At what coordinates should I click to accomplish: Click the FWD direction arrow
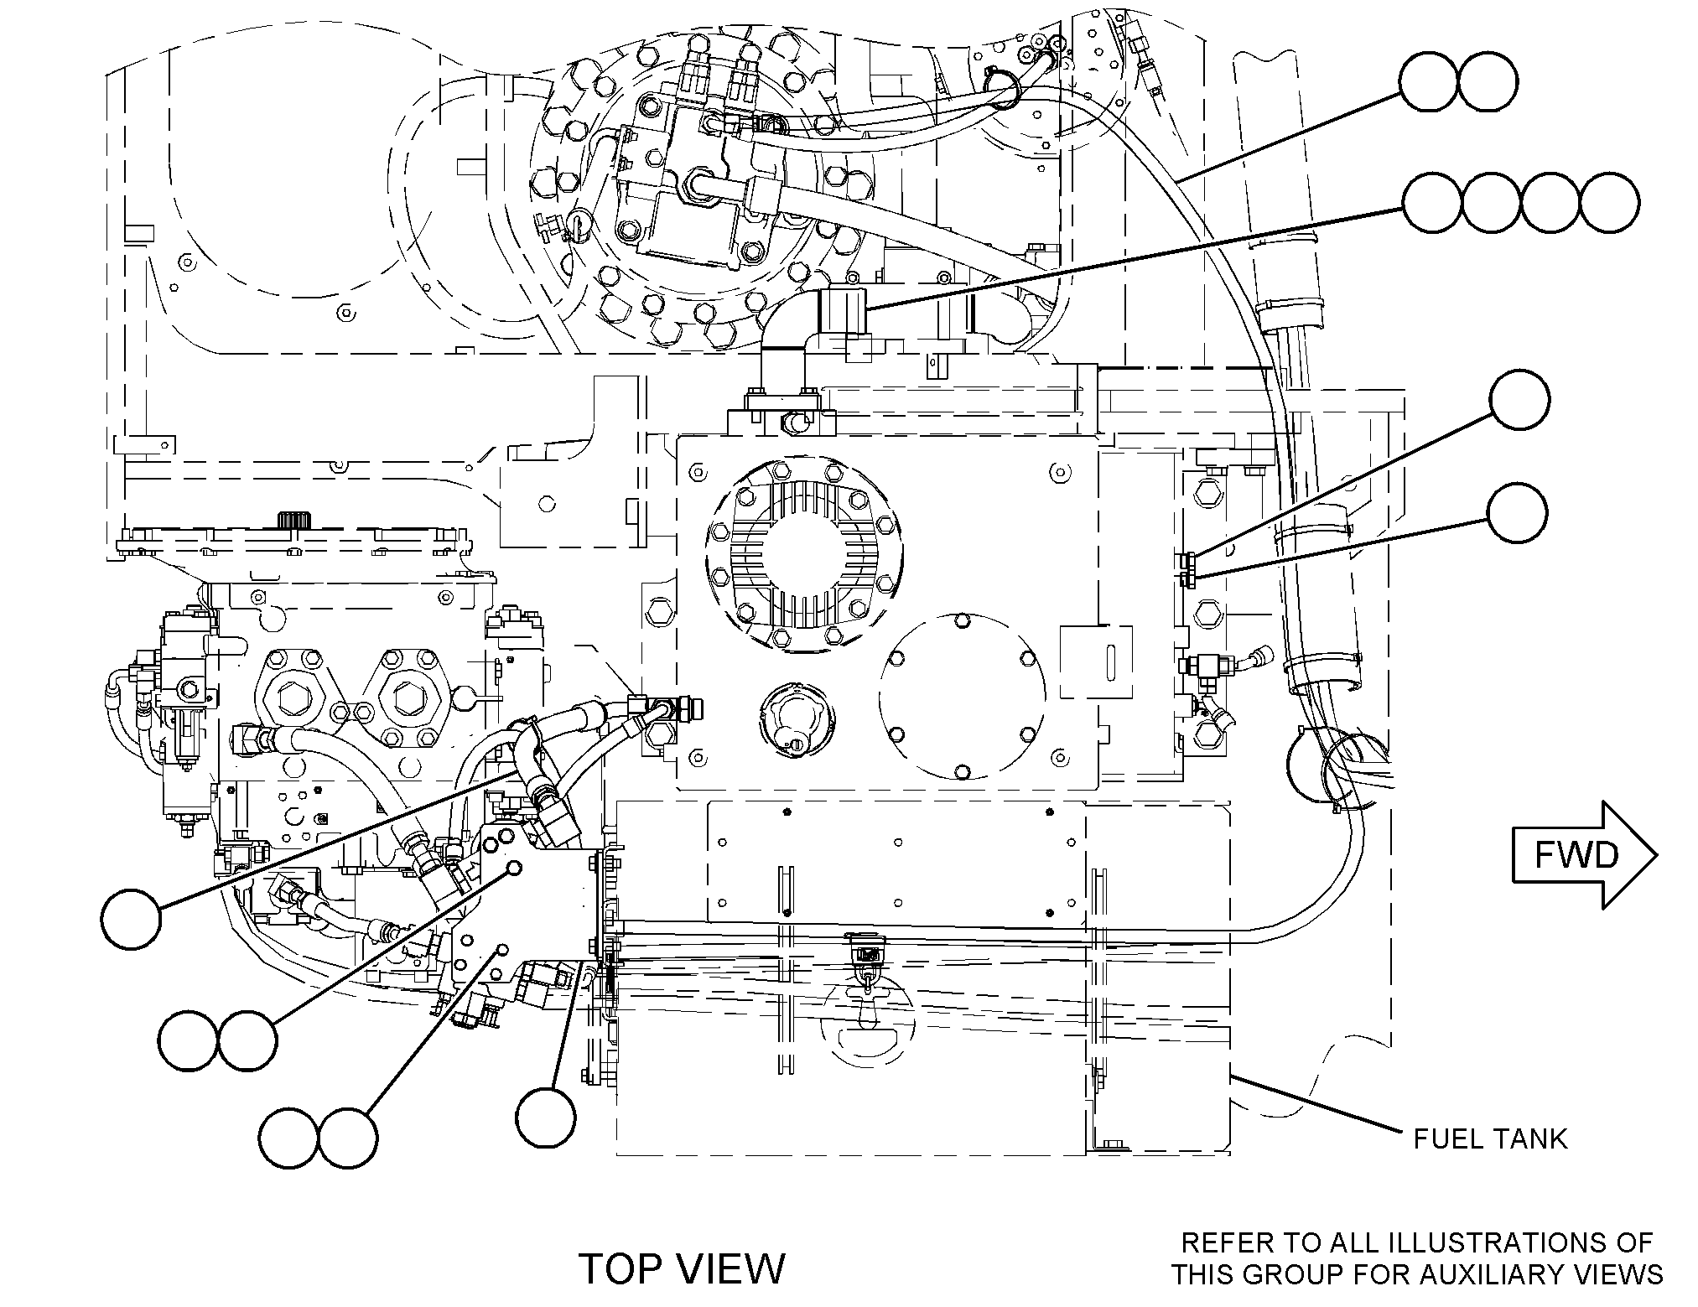tap(1584, 854)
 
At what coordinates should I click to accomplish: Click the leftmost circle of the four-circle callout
tap(1432, 204)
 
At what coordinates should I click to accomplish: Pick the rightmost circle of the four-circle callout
tap(1609, 204)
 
